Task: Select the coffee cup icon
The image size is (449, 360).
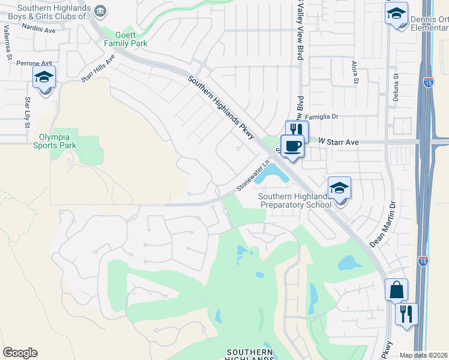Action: tap(292, 146)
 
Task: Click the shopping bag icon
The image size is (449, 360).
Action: tap(396, 290)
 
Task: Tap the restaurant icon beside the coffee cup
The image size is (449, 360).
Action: tap(296, 130)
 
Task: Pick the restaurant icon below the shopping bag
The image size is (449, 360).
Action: tap(406, 314)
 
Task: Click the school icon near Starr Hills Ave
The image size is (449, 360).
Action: tap(44, 78)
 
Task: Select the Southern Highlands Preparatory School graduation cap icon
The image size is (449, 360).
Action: tap(339, 188)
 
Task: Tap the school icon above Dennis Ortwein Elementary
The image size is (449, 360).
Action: tap(396, 13)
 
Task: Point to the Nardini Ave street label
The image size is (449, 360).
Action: tap(40, 29)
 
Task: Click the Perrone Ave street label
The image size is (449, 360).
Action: tap(35, 62)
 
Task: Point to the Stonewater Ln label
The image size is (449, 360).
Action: tap(252, 175)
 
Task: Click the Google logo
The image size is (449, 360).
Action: tap(20, 353)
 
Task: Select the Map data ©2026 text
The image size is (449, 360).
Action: tap(423, 355)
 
